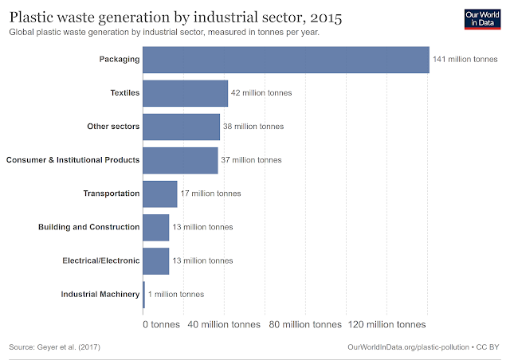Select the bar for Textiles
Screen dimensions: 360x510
coord(185,93)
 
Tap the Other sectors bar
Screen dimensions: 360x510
coord(181,127)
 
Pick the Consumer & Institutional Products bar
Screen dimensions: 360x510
coord(180,160)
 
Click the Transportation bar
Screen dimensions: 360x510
coord(159,194)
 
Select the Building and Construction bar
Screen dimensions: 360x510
coord(155,227)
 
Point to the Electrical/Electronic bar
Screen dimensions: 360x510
coord(155,260)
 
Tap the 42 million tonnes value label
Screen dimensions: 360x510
coord(261,93)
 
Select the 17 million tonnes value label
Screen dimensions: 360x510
coord(210,194)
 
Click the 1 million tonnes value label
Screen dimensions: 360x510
coord(175,294)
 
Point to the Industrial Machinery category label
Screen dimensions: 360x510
coord(100,294)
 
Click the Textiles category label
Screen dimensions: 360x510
coord(125,93)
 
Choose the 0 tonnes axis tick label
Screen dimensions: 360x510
coord(161,324)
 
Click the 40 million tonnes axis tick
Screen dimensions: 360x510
coord(225,324)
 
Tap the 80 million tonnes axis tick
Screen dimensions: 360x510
coord(305,324)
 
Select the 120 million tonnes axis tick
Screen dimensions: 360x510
coord(386,324)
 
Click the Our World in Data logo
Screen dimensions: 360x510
coord(481,20)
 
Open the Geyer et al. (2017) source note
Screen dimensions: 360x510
coord(54,348)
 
